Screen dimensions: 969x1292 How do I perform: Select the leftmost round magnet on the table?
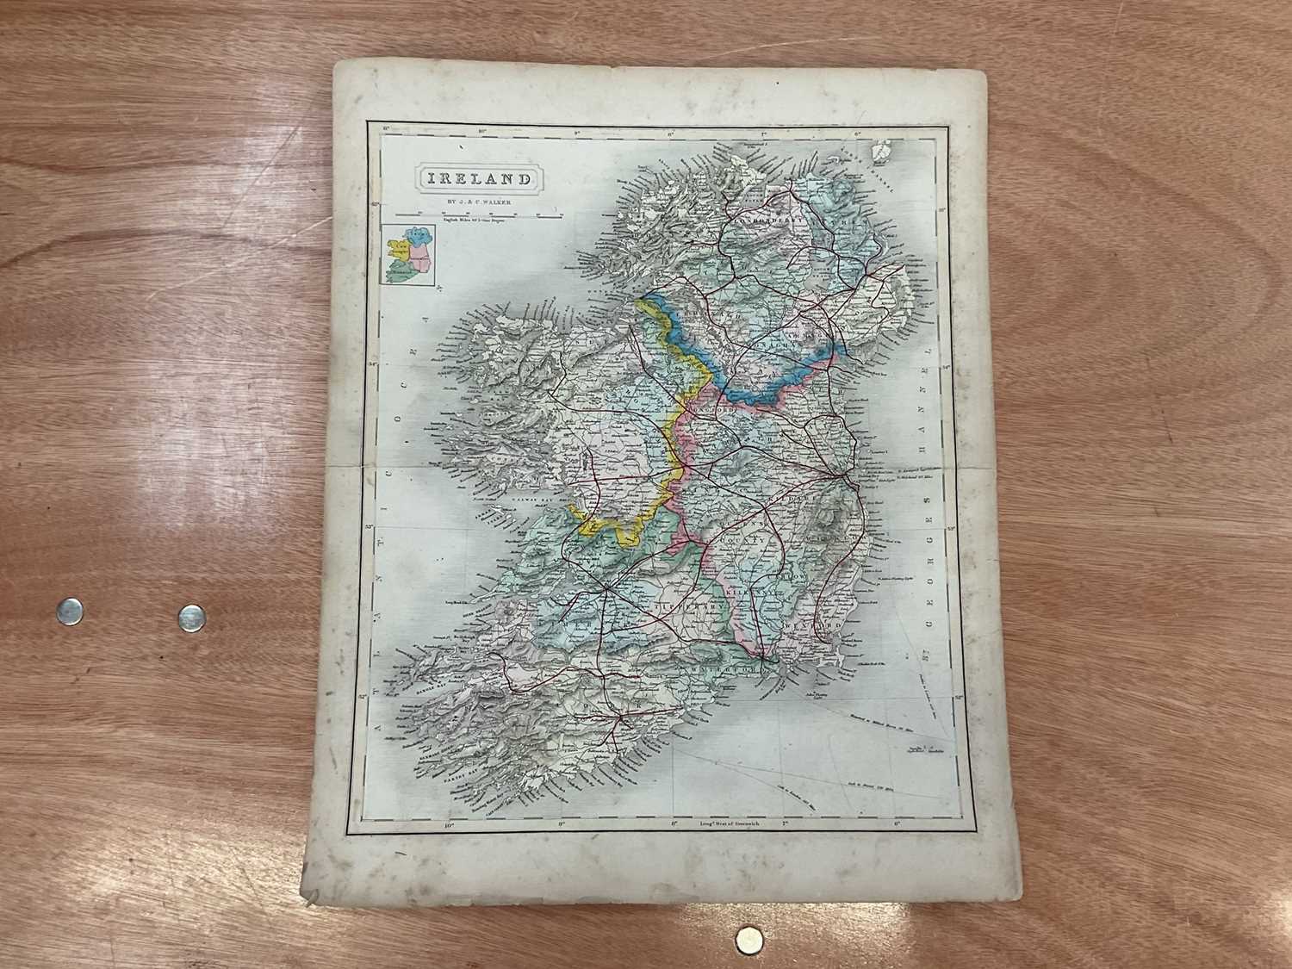[x=67, y=611]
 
